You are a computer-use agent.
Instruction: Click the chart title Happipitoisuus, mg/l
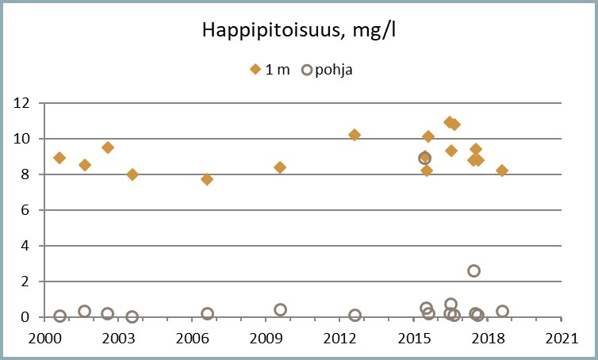click(298, 32)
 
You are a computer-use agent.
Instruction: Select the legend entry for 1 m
click(270, 69)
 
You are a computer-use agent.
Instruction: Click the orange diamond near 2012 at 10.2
click(355, 135)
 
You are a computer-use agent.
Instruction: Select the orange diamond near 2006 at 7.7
click(207, 179)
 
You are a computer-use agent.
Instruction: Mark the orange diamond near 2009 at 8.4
click(280, 167)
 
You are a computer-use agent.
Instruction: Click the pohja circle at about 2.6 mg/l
click(473, 270)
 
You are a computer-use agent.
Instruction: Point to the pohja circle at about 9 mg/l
click(425, 158)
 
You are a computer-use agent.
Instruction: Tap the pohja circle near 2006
click(208, 313)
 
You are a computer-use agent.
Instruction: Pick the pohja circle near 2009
click(280, 309)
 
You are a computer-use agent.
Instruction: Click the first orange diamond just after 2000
click(59, 158)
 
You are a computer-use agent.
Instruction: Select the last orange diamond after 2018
click(502, 170)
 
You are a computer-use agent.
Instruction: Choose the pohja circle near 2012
click(355, 315)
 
